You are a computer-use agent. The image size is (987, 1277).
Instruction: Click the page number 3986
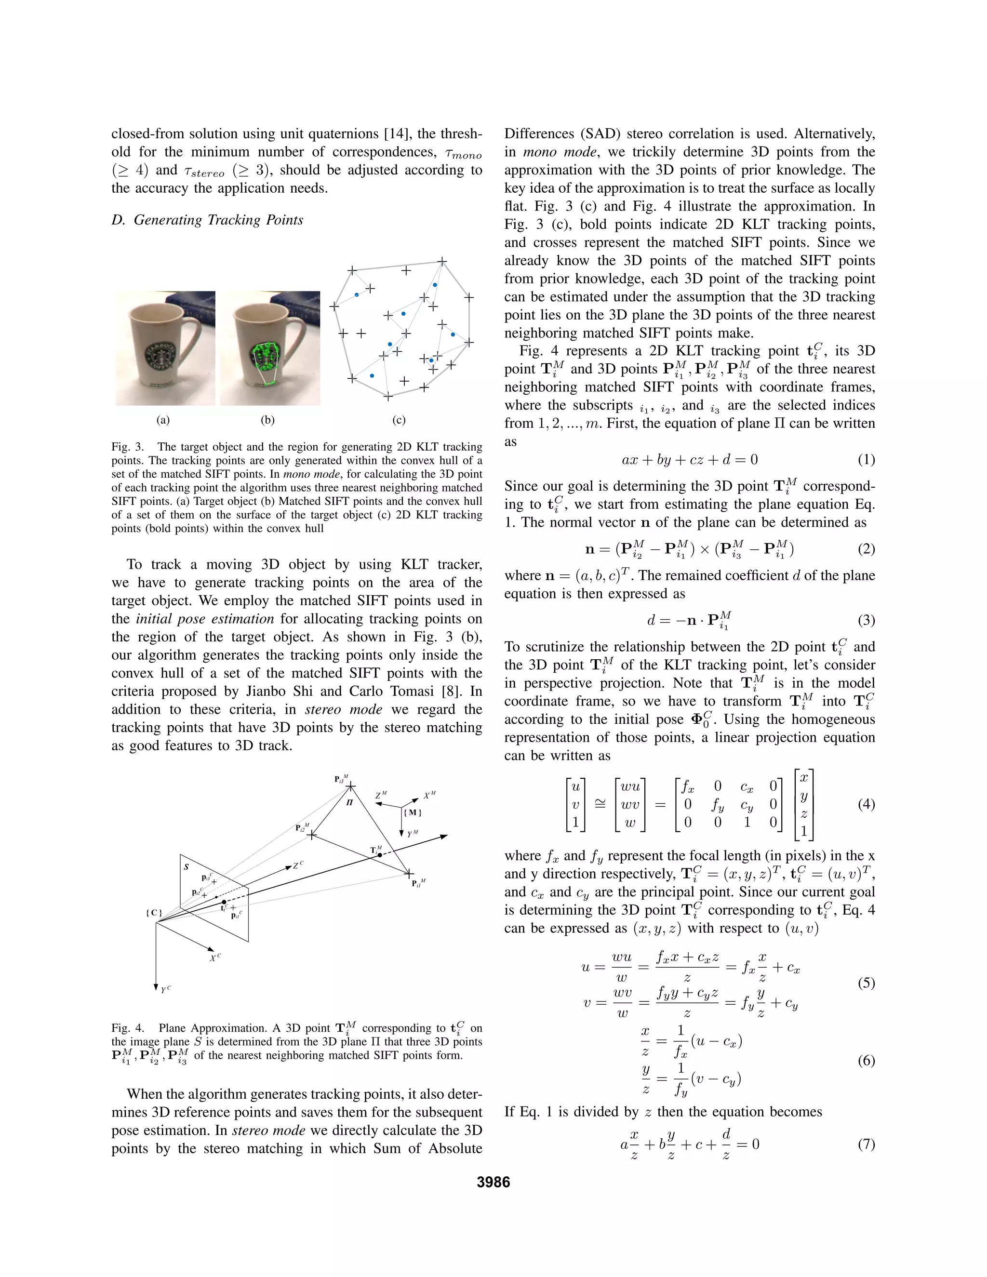[x=493, y=1182]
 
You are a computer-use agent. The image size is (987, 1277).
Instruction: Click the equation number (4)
[x=866, y=804]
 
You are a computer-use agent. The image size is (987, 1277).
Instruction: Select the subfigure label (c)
[x=399, y=420]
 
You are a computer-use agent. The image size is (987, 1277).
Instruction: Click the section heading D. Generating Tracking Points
[x=207, y=220]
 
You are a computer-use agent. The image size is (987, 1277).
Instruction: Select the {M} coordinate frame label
[x=412, y=812]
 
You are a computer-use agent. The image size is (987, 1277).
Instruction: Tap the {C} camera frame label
[x=154, y=913]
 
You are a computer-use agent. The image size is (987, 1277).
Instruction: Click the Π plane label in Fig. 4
[x=350, y=802]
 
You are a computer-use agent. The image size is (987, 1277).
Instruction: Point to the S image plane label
[x=187, y=866]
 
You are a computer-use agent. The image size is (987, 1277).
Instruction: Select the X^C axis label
[x=215, y=958]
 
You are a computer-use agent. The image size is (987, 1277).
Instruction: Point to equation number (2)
[x=866, y=548]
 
